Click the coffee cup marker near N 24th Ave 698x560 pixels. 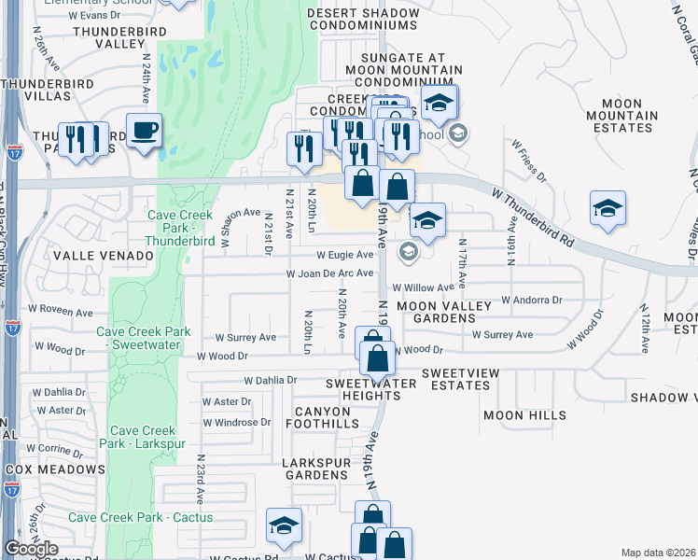[x=144, y=130]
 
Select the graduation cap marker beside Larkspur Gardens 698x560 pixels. [x=284, y=525]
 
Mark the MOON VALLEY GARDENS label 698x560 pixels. [x=435, y=312]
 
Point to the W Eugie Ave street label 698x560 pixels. [x=344, y=254]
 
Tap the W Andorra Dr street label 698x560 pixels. [x=531, y=301]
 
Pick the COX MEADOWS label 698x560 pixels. [x=55, y=469]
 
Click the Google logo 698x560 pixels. [x=31, y=549]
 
